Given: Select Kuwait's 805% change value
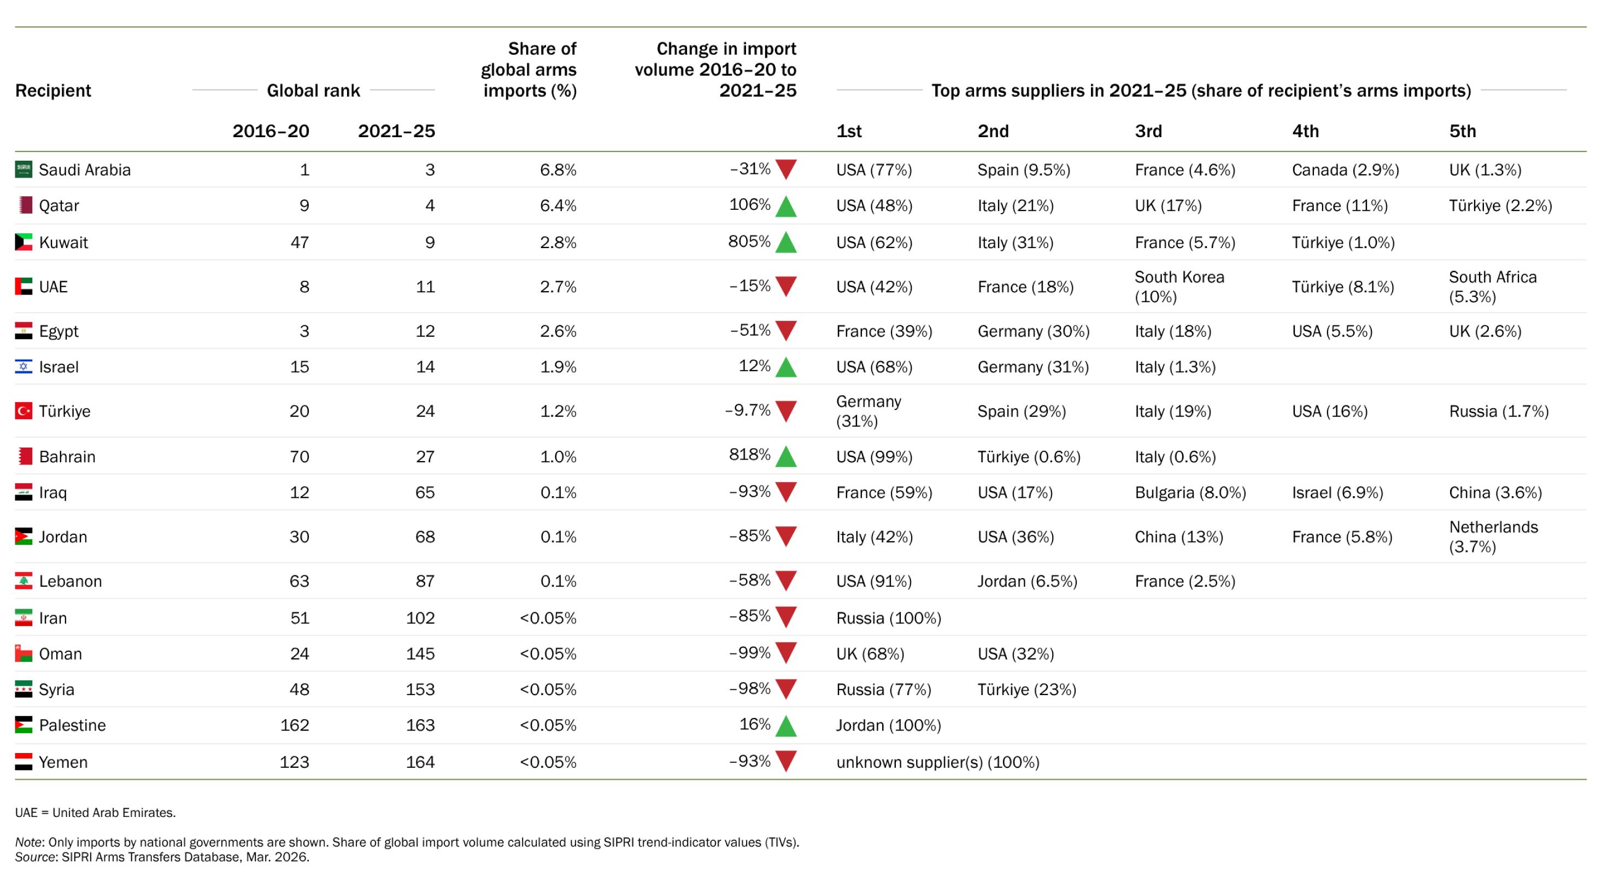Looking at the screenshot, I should [749, 242].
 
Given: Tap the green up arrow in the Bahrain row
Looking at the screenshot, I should [786, 456].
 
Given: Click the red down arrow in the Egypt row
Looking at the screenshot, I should [786, 330].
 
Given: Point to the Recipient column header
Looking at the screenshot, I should [53, 91].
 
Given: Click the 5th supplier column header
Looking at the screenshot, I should [1463, 131].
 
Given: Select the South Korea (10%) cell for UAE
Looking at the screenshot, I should [1178, 287].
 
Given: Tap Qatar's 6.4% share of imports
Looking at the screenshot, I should [557, 205].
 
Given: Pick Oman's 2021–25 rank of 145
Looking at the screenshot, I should [420, 654].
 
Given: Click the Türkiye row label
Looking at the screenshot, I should [64, 411].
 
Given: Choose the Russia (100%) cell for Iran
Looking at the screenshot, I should [889, 618].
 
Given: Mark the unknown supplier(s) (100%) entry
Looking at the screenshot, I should [937, 762].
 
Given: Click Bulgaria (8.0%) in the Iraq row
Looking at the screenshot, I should [1190, 493].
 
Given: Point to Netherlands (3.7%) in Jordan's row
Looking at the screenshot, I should [1493, 537].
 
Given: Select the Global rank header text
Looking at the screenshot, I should [313, 91].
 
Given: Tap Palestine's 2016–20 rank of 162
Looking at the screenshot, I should [295, 725].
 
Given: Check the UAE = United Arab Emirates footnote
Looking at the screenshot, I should [95, 813].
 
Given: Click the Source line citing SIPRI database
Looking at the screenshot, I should [162, 857].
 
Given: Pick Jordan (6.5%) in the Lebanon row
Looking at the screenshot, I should [1027, 581].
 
